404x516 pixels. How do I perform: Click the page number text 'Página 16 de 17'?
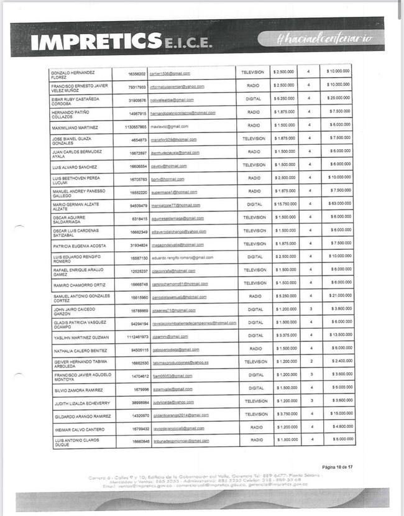(337, 466)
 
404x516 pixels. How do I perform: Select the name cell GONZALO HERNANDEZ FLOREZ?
(70, 75)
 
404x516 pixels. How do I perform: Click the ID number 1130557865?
(135, 126)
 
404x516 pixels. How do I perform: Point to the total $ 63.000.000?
(339, 204)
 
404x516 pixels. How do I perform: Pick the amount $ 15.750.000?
(285, 204)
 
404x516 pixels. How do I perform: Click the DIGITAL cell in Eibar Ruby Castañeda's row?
(253, 99)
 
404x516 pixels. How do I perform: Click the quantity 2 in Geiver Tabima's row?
(310, 361)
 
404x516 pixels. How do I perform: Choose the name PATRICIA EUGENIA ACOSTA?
(79, 245)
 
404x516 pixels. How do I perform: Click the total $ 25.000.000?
(339, 99)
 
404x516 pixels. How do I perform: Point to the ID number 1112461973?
(135, 336)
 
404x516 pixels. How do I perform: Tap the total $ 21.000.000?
(339, 296)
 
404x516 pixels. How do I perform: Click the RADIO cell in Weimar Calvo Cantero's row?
(253, 427)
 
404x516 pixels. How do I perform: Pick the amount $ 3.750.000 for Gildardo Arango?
(285, 414)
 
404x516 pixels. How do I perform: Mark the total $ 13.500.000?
(339, 335)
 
